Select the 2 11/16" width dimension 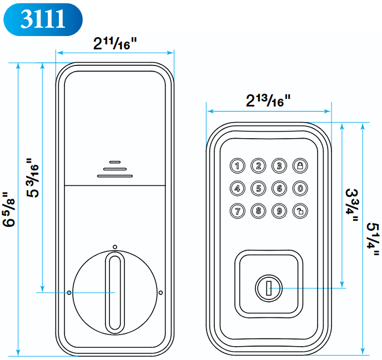pyautogui.click(x=115, y=43)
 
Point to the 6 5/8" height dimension pyautogui.click(x=9, y=210)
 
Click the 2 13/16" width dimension pyautogui.click(x=269, y=101)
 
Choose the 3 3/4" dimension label pyautogui.click(x=352, y=206)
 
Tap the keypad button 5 pyautogui.click(x=258, y=188)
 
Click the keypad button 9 pyautogui.click(x=279, y=211)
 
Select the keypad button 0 pyautogui.click(x=300, y=188)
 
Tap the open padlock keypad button pyautogui.click(x=300, y=211)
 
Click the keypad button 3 pyautogui.click(x=279, y=165)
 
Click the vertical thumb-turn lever pyautogui.click(x=114, y=292)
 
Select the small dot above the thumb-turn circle pyautogui.click(x=114, y=246)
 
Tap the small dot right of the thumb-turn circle pyautogui.click(x=160, y=292)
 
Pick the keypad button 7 pyautogui.click(x=237, y=211)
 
